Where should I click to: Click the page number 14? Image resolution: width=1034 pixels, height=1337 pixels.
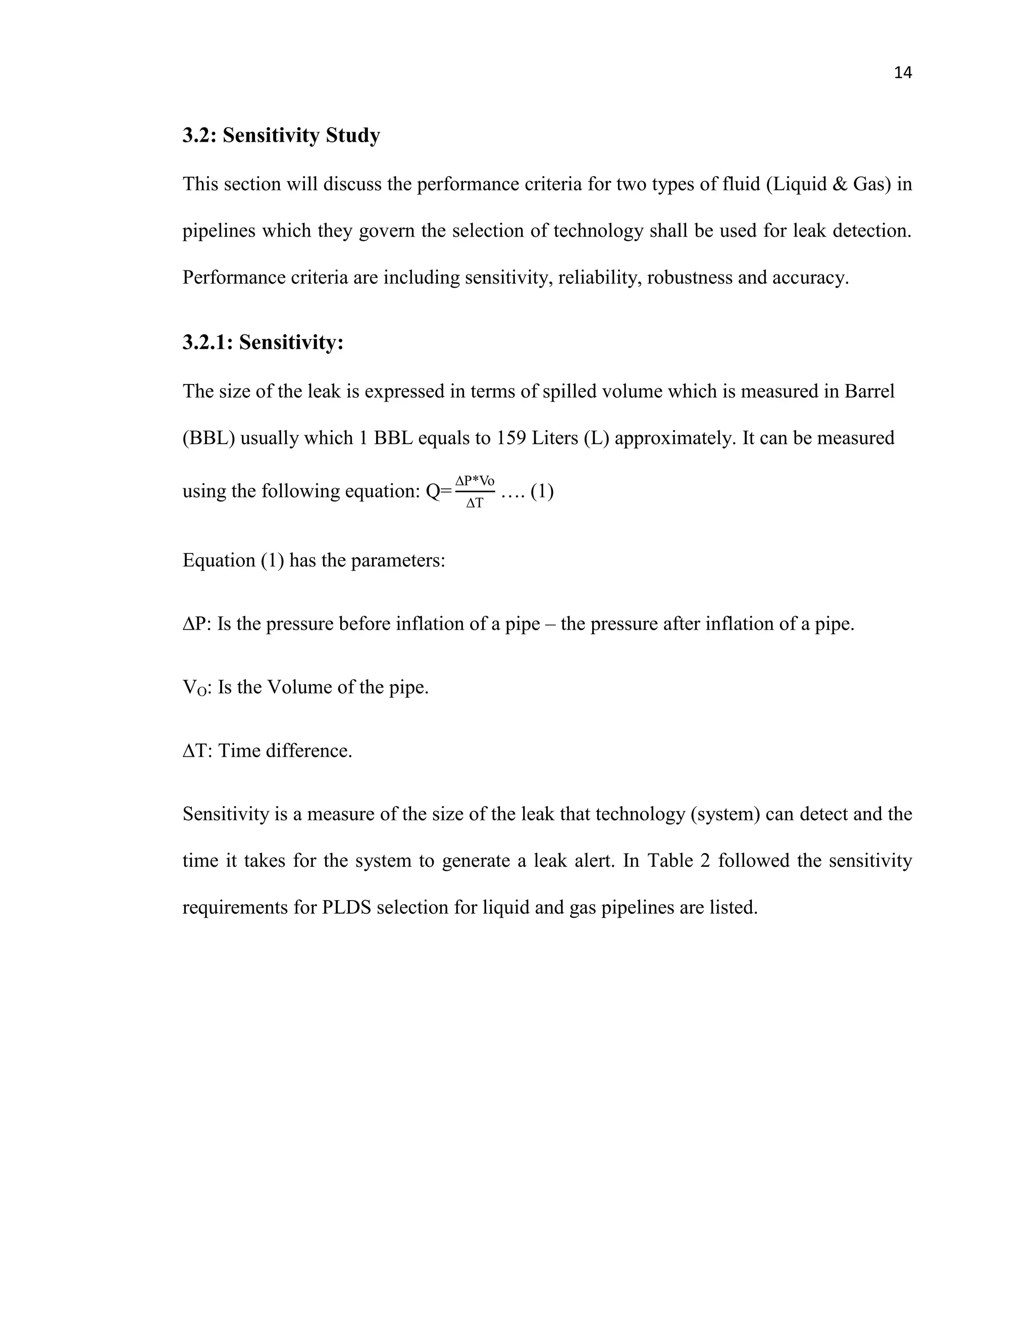pyautogui.click(x=903, y=73)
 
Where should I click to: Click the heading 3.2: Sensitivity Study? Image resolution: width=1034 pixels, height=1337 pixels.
pyautogui.click(x=281, y=135)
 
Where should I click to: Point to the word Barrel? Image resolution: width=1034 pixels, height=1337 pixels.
pyautogui.click(x=869, y=391)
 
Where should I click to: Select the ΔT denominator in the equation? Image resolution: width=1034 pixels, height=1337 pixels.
pyautogui.click(x=474, y=503)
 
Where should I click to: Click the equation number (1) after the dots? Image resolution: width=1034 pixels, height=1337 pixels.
pyautogui.click(x=542, y=491)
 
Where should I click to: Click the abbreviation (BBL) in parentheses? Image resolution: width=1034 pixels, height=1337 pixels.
pyautogui.click(x=209, y=438)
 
